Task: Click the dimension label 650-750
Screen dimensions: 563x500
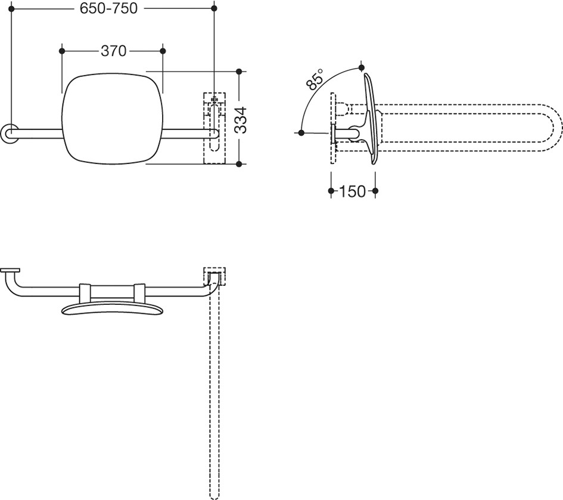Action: coord(108,8)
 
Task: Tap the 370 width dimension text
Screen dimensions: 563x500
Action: coord(113,51)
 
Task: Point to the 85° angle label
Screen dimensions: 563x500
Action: coord(315,79)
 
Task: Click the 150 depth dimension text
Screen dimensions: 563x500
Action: coord(352,192)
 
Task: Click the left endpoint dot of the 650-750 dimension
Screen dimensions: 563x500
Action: coord(11,8)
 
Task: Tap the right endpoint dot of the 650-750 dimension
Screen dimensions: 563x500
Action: coord(214,8)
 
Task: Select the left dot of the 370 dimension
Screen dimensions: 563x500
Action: coord(62,51)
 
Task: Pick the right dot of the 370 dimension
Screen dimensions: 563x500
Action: coord(163,51)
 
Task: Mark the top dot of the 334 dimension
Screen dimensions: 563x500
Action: coord(239,72)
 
